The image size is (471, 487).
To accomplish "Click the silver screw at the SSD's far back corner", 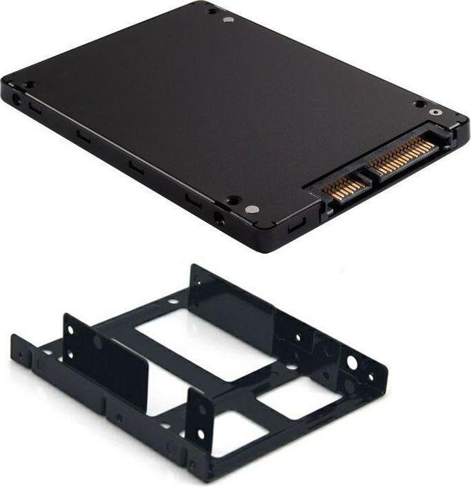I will point(229,19).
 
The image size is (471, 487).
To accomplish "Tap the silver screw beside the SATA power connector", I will point(434,112).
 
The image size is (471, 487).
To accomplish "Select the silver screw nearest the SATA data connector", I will point(251,209).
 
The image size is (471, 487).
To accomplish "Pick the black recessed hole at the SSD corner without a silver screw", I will point(30,85).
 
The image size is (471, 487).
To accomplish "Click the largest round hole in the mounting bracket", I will point(353,363).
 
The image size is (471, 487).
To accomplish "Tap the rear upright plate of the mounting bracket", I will point(231,297).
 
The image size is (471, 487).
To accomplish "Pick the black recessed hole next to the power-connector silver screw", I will point(419,104).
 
